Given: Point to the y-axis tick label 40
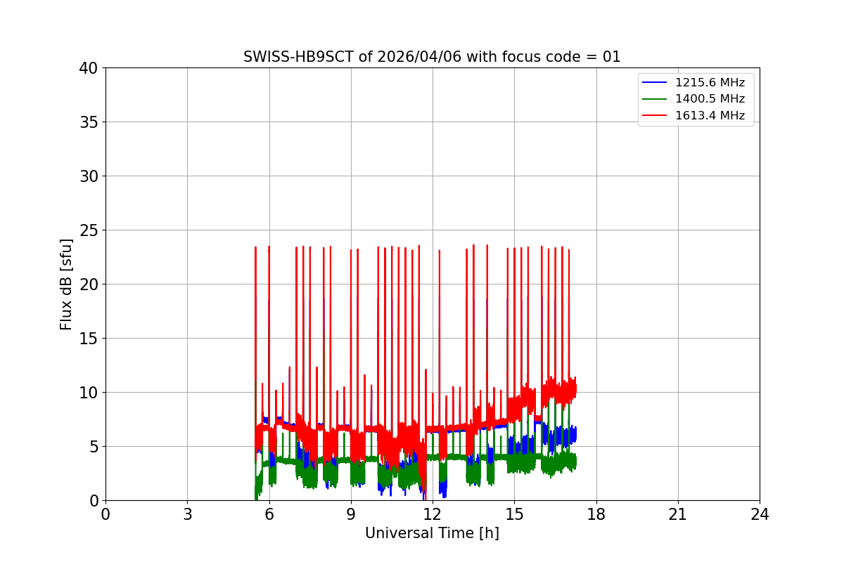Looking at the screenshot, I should tap(89, 68).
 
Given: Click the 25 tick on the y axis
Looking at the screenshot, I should tap(89, 230).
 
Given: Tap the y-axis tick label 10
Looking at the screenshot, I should tap(89, 393).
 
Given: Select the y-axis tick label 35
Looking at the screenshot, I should tap(89, 122).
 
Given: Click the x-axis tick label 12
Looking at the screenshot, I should tap(433, 514).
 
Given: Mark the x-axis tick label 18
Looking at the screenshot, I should tap(596, 514).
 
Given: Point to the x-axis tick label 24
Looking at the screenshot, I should tap(760, 514).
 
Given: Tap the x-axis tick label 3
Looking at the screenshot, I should tap(187, 514).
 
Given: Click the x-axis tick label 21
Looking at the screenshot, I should tap(678, 514).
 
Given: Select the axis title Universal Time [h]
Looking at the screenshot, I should tap(432, 534).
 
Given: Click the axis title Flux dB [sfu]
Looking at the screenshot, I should tap(67, 284).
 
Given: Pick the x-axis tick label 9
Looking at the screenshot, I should tap(351, 514).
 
